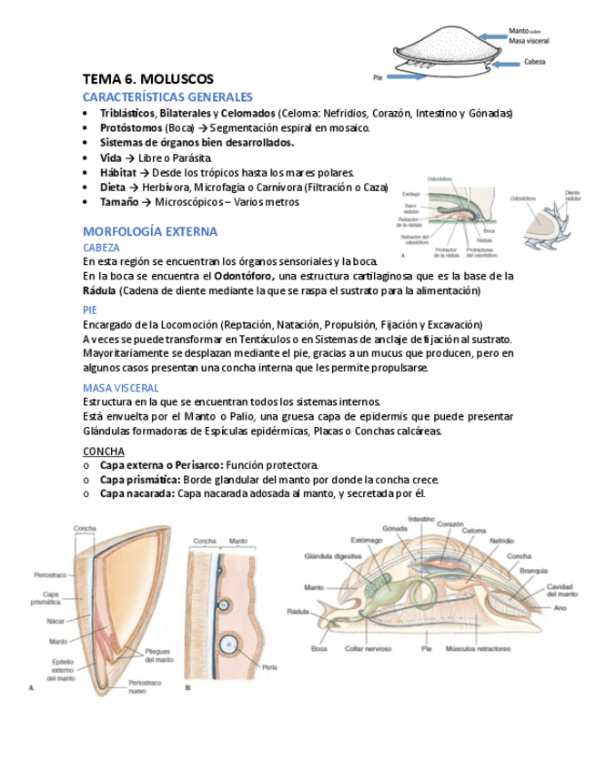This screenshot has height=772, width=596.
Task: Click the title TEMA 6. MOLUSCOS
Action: tap(147, 79)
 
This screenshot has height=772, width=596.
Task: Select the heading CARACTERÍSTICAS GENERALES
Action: tap(167, 96)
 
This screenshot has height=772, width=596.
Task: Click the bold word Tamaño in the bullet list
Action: tap(118, 202)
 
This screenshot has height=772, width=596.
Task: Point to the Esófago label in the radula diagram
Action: tap(410, 194)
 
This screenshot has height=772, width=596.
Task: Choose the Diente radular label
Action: tap(573, 197)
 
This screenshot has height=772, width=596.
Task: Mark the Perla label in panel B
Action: tap(268, 666)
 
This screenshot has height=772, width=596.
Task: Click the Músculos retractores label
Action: tap(476, 650)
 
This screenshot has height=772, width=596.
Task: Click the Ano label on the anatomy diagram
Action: tap(560, 608)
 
